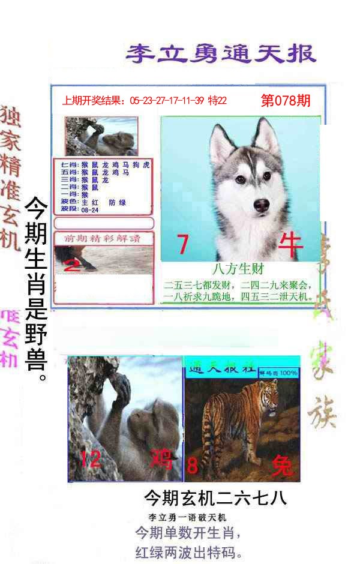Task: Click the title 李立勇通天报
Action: [220, 53]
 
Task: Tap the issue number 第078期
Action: [286, 101]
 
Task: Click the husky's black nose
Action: [262, 206]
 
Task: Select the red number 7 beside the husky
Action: [183, 245]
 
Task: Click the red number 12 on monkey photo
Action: [91, 460]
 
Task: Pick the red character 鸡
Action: [161, 460]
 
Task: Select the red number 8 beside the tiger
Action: [193, 465]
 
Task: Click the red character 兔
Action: [282, 465]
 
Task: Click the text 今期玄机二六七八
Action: [215, 497]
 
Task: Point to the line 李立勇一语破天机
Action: [187, 517]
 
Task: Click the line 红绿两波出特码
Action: [189, 551]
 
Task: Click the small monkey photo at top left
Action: [101, 136]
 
